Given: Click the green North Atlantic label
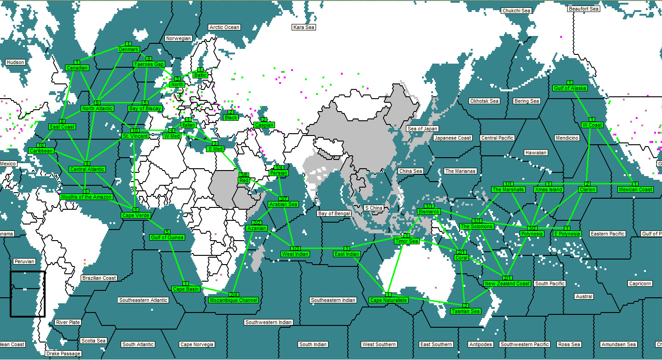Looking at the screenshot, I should tap(97, 108).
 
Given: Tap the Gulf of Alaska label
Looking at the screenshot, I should tap(570, 88).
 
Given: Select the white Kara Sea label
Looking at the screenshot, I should tap(304, 27).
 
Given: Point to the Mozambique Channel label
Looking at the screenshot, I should tap(233, 300).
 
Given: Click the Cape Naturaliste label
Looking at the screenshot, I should tap(388, 300).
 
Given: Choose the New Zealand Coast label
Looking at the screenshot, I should tap(507, 283).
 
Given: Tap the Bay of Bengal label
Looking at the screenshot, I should tap(334, 213).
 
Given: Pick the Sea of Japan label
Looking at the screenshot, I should tap(422, 129).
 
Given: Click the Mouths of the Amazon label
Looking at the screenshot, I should tap(86, 197).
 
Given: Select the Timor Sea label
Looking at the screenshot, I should tap(406, 241).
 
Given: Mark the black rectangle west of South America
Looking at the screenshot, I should tap(28, 294).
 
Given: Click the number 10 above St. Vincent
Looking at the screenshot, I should tap(135, 130).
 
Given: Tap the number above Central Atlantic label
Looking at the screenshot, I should tap(87, 164).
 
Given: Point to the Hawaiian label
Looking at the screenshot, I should tap(536, 153).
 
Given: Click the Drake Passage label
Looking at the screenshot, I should tap(63, 354).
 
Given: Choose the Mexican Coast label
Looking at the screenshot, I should tap(635, 189).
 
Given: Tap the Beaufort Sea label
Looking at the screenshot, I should tap(583, 9).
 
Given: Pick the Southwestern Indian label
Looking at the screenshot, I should tap(268, 322).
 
